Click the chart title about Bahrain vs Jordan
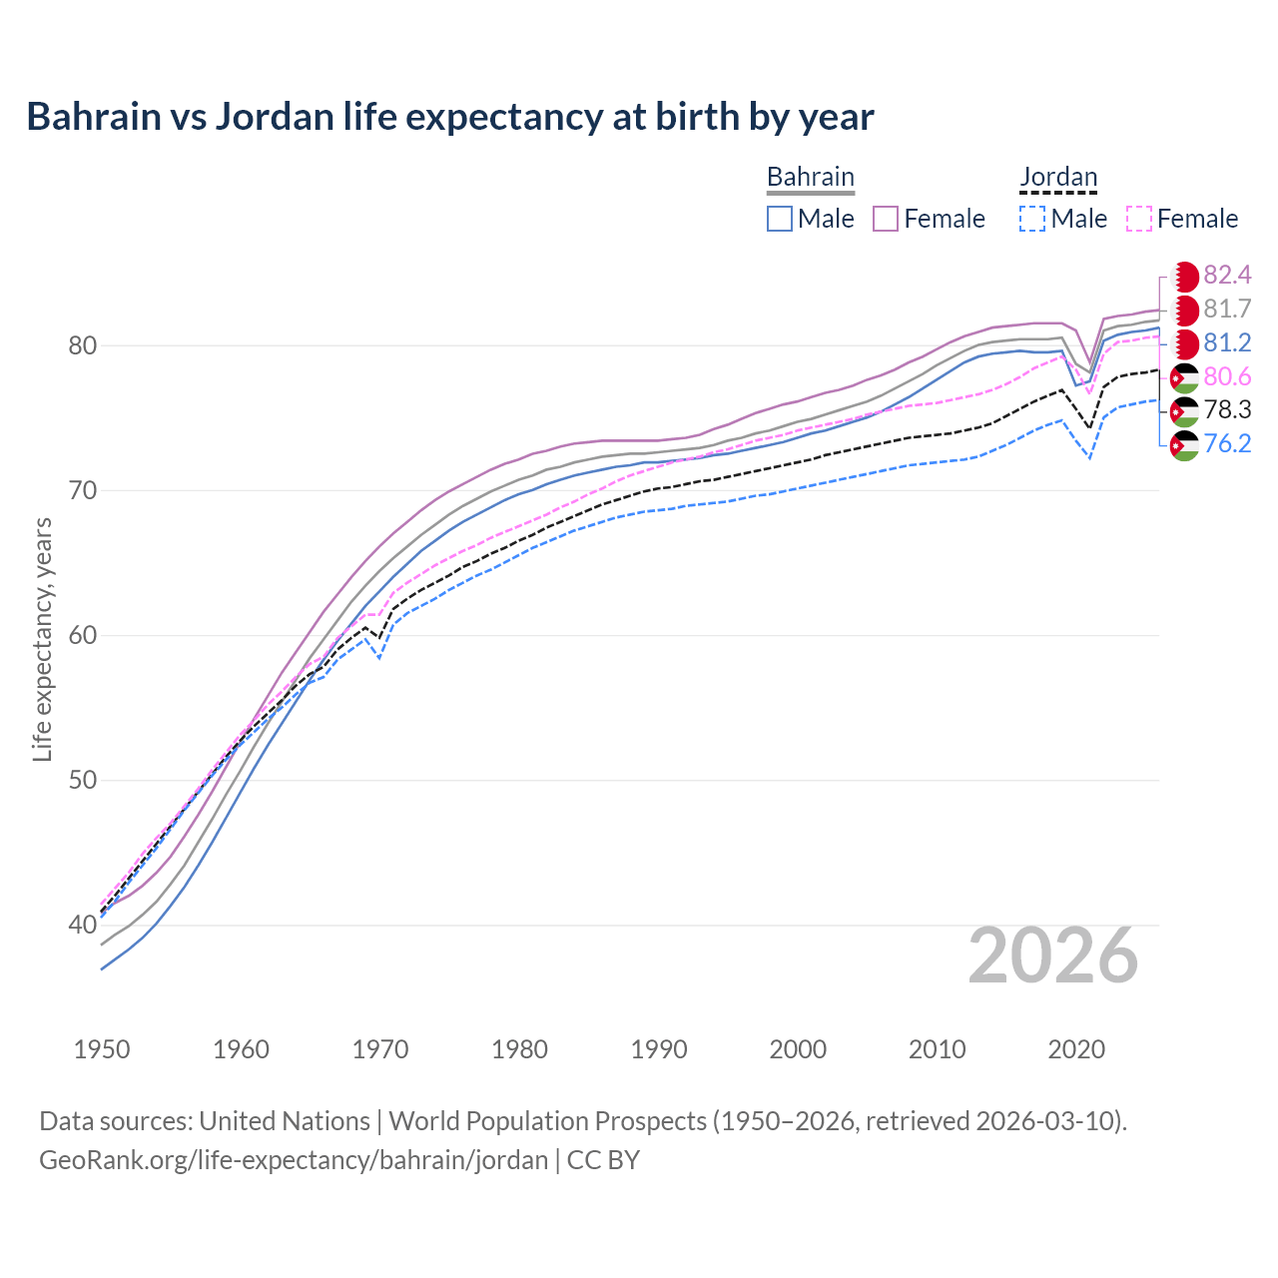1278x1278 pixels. pos(450,117)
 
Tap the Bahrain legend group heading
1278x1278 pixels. pos(810,177)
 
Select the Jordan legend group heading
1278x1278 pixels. pos(1058,177)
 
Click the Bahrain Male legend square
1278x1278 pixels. pos(780,219)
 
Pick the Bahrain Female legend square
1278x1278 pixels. pos(886,219)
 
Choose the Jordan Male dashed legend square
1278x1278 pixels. pos(1032,219)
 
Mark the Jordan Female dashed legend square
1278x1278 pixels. pos(1139,219)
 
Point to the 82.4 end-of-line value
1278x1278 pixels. pos(1227,275)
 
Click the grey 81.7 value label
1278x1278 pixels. pos(1227,309)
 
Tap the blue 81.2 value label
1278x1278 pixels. pos(1227,342)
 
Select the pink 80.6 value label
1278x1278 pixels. pos(1227,376)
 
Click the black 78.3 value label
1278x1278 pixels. pos(1227,409)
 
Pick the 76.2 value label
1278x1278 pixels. pos(1227,443)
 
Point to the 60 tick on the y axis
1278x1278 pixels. pos(82,635)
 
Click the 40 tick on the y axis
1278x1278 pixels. pos(82,925)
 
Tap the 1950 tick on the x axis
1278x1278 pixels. pos(102,1049)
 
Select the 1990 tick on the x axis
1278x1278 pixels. pos(659,1049)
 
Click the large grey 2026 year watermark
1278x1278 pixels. pos(1053,956)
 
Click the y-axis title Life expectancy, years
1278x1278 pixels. pos(42,639)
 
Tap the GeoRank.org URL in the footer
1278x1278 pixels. pos(294,1159)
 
